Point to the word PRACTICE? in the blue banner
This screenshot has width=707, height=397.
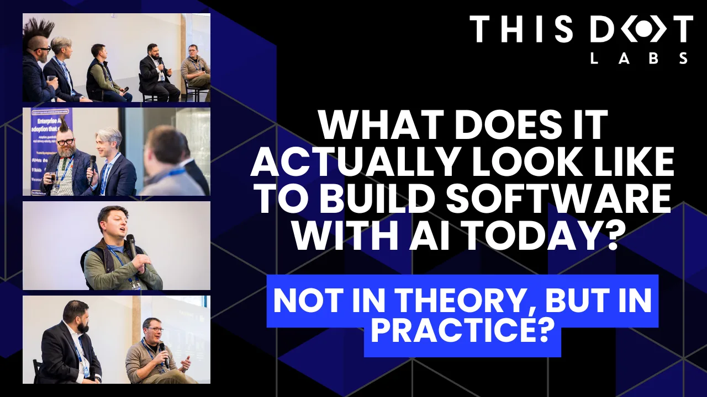462,329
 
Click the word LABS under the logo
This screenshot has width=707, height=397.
639,58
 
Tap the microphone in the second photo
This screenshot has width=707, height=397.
92,168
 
